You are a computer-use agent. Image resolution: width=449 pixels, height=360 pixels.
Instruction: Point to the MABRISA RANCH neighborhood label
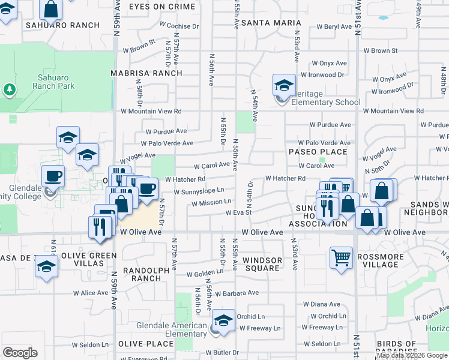(x=146, y=73)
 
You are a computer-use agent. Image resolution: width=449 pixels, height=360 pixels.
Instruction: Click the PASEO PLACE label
(x=318, y=152)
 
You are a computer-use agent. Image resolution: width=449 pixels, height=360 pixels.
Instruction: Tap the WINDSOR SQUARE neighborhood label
(x=262, y=265)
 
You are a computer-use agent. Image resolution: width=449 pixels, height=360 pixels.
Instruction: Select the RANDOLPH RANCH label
(x=146, y=274)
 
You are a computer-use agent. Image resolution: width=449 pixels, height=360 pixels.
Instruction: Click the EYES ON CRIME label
(x=162, y=7)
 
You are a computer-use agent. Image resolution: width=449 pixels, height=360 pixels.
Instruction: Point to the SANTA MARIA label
(x=266, y=22)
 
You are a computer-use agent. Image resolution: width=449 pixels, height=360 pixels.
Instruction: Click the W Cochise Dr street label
(x=179, y=26)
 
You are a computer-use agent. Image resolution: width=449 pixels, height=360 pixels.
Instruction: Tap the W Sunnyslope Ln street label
(x=199, y=191)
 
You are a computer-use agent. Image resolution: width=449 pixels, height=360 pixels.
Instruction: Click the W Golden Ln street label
(x=205, y=274)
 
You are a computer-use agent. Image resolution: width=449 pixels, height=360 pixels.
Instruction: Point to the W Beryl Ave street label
(x=330, y=27)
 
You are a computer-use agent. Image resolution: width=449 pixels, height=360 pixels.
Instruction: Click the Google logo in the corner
(x=20, y=353)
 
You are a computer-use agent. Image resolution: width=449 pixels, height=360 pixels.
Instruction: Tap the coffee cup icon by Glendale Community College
(x=53, y=176)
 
